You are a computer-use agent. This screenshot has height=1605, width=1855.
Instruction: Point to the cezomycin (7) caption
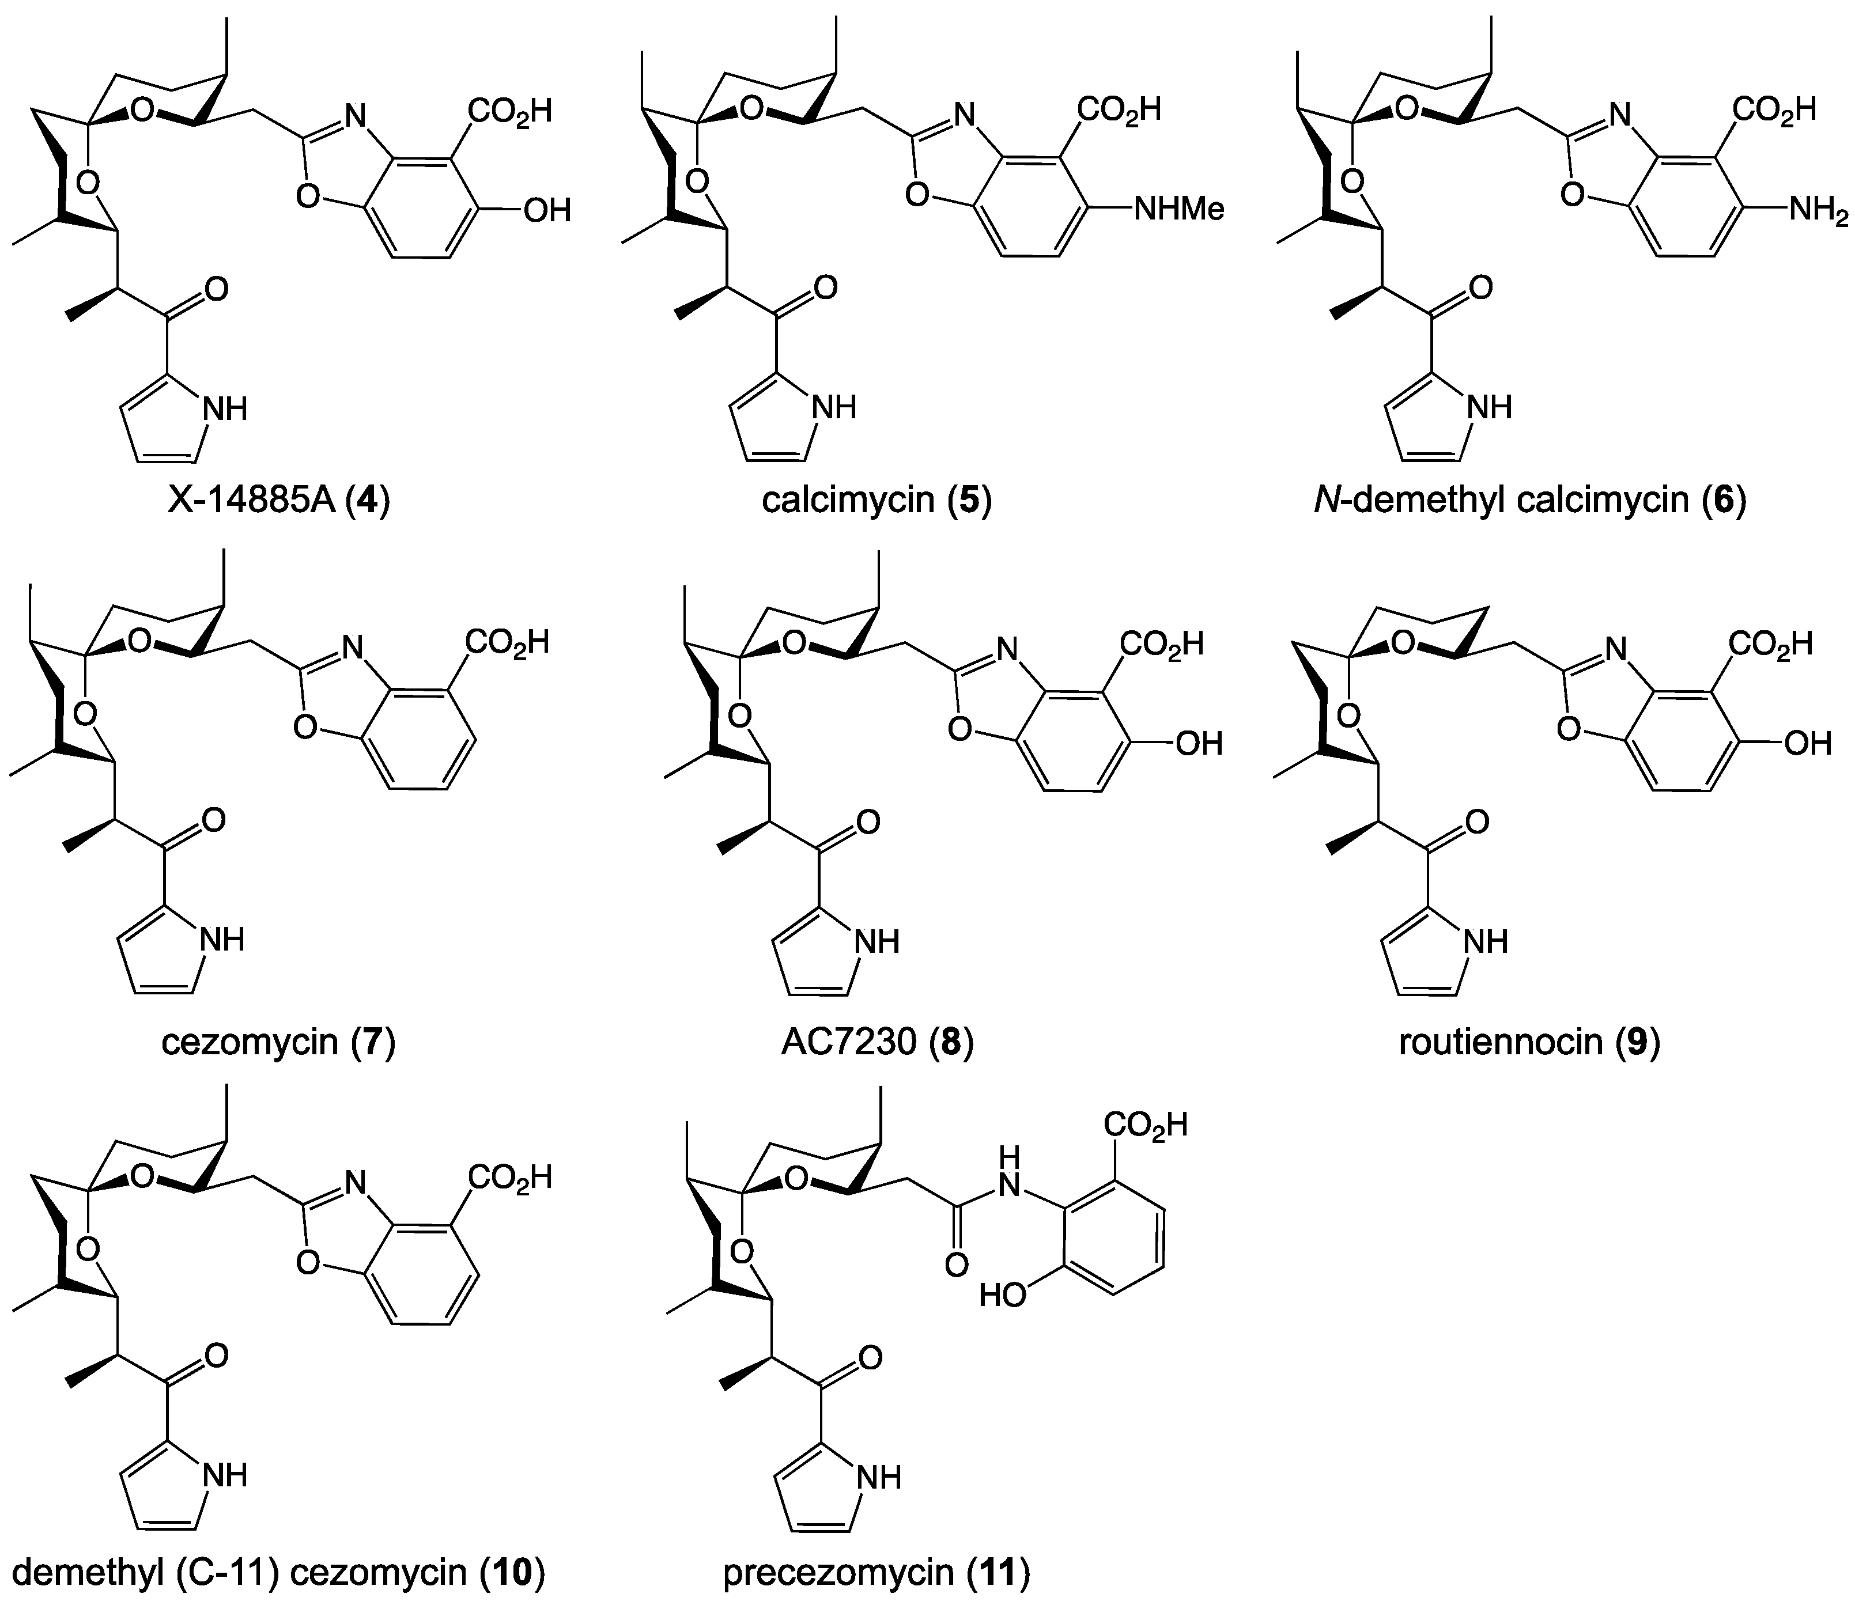click(278, 1042)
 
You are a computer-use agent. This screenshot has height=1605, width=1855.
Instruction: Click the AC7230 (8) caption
click(877, 1042)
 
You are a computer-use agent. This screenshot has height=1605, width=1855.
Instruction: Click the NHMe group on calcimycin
click(1178, 210)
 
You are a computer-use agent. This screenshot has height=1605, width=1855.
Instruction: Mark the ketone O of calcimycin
click(825, 289)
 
